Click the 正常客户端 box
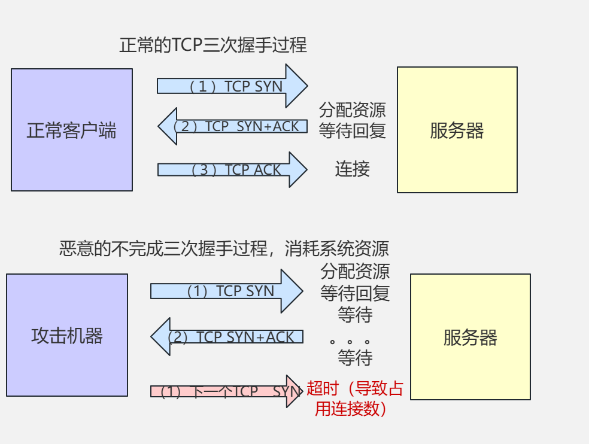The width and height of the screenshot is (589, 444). coord(71,130)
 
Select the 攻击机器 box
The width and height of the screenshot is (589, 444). coord(67,335)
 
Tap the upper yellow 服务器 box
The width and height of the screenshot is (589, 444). coord(457,130)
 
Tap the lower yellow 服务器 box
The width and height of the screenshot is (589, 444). coord(470,337)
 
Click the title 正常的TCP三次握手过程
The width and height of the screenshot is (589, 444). coord(213,45)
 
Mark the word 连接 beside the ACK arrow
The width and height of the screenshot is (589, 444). coord(352,169)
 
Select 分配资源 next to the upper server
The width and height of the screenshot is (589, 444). coord(352,110)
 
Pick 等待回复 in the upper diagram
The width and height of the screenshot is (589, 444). coord(352,130)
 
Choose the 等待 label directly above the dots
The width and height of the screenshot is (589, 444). coord(355,314)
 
